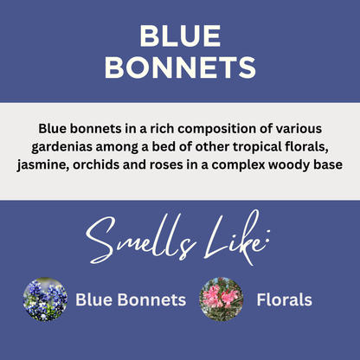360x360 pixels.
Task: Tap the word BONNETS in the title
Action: [180, 67]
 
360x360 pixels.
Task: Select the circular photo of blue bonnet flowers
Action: [45, 300]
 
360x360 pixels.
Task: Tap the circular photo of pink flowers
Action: [220, 300]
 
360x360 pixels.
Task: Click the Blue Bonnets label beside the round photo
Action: [131, 300]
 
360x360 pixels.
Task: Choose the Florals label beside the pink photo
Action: [284, 300]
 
